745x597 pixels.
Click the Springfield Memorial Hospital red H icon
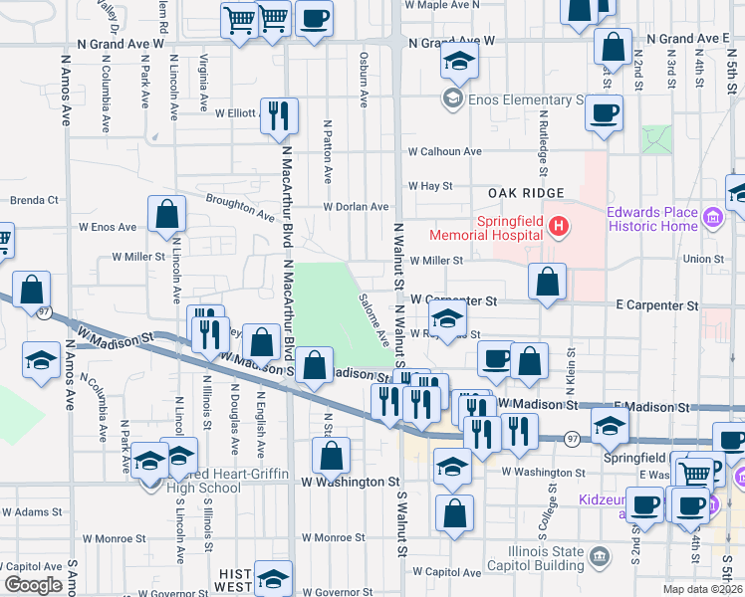pyautogui.click(x=559, y=227)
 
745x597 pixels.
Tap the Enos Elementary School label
pyautogui.click(x=526, y=99)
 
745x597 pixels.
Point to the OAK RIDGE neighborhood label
pyautogui.click(x=526, y=192)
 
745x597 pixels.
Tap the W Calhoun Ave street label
pyautogui.click(x=444, y=152)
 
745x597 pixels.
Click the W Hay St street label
pyautogui.click(x=430, y=186)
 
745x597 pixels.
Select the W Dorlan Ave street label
pyautogui.click(x=355, y=207)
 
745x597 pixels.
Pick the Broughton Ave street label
pyautogui.click(x=240, y=207)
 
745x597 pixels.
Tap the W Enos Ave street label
pyautogui.click(x=107, y=227)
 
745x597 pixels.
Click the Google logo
pyautogui.click(x=33, y=585)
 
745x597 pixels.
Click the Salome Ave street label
pyautogui.click(x=373, y=319)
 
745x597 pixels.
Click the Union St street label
pyautogui.click(x=703, y=259)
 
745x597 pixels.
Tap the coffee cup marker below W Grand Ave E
pyautogui.click(x=605, y=113)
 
